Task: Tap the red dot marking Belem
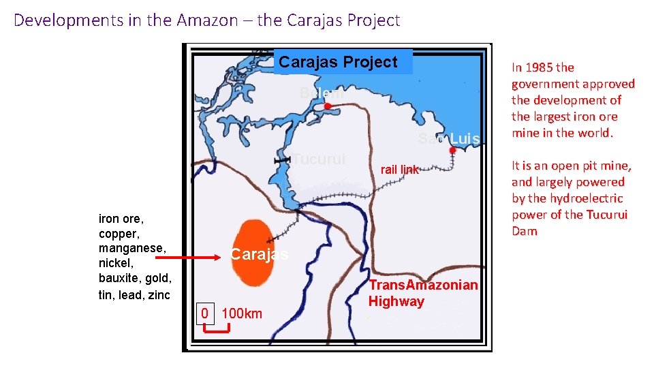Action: click(x=327, y=106)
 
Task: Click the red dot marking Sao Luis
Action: click(x=452, y=150)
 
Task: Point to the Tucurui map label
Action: click(x=319, y=159)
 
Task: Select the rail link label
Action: click(x=400, y=170)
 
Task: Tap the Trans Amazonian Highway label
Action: click(x=423, y=293)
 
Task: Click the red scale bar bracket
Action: click(x=218, y=330)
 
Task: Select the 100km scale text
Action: click(x=242, y=313)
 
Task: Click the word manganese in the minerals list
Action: click(x=133, y=249)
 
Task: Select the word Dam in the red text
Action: click(x=525, y=231)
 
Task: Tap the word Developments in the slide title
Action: click(x=69, y=20)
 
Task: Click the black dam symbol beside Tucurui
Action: click(x=281, y=159)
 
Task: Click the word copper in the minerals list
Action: click(x=118, y=234)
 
